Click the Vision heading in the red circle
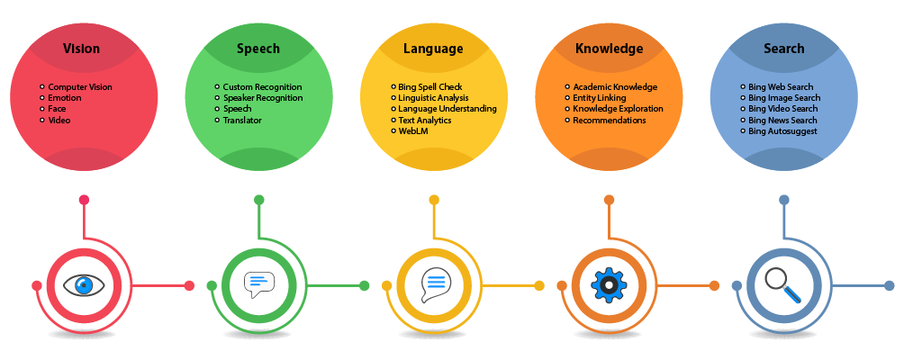pyautogui.click(x=81, y=49)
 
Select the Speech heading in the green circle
pyautogui.click(x=258, y=49)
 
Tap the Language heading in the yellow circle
pyautogui.click(x=433, y=49)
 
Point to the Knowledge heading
pyautogui.click(x=609, y=49)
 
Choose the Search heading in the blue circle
pyautogui.click(x=783, y=49)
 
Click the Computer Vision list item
pyautogui.click(x=80, y=87)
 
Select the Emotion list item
pyautogui.click(x=64, y=98)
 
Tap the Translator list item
pyautogui.click(x=242, y=120)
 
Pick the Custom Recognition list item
pyautogui.click(x=262, y=87)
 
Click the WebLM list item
pyautogui.click(x=413, y=131)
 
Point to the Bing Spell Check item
pyautogui.click(x=430, y=87)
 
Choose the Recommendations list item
pyautogui.click(x=609, y=120)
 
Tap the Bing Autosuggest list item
pyautogui.click(x=782, y=131)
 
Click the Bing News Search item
pyautogui.click(x=782, y=120)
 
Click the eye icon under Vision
pyautogui.click(x=85, y=286)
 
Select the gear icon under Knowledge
pyautogui.click(x=609, y=286)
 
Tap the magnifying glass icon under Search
pyautogui.click(x=783, y=286)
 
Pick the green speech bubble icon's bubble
pyautogui.click(x=258, y=284)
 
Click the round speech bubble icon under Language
pyautogui.click(x=434, y=285)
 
